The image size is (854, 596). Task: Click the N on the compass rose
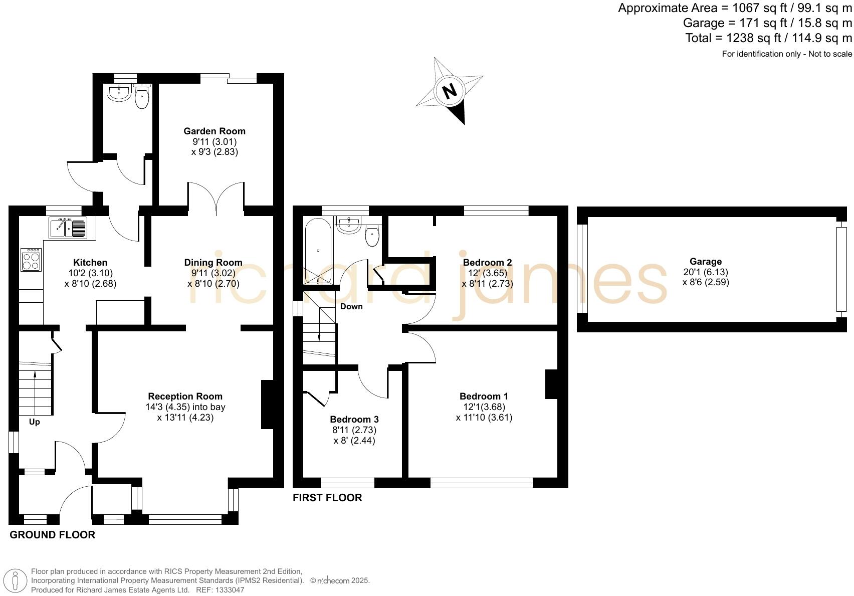[450, 91]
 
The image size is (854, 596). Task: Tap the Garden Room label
[215, 131]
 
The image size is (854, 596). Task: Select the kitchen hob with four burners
[32, 259]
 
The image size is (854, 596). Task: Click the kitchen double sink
[68, 227]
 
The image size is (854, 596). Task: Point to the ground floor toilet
[142, 98]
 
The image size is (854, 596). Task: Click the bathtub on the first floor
[318, 251]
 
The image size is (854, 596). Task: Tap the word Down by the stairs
[351, 306]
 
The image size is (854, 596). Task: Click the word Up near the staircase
[34, 422]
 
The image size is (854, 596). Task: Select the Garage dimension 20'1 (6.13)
[706, 272]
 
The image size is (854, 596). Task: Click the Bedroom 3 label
[354, 419]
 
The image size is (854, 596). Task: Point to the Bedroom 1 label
[484, 396]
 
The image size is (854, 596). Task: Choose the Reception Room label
[185, 396]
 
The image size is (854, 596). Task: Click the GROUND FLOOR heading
[52, 535]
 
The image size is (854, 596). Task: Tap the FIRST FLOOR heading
[327, 498]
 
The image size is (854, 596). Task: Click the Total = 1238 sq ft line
[768, 38]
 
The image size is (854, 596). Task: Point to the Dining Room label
[213, 263]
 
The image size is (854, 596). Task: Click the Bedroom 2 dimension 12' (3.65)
[487, 273]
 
